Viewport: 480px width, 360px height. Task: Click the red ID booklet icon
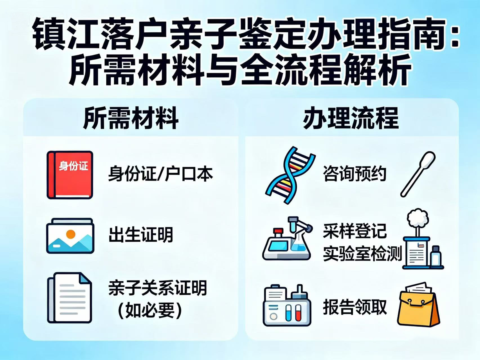click(70, 175)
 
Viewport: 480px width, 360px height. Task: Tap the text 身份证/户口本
click(161, 174)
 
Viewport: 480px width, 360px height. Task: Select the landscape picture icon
click(70, 236)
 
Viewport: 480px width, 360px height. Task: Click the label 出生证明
click(141, 235)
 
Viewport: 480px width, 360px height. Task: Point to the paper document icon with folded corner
click(69, 298)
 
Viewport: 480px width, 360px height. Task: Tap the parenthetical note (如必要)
click(149, 310)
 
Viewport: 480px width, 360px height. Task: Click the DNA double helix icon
click(290, 175)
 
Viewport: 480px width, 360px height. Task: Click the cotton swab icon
click(418, 174)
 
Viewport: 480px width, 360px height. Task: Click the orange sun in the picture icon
click(71, 234)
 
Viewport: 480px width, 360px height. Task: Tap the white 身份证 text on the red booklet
click(73, 166)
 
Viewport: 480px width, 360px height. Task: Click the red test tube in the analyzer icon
click(298, 313)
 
